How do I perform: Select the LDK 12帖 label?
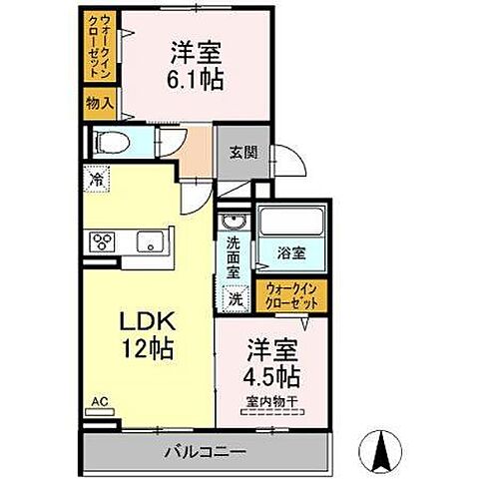tap(148, 337)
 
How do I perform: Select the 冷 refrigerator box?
tap(98, 183)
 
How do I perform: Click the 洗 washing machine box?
tap(236, 296)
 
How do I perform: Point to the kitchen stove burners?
tap(105, 240)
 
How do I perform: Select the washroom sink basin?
tap(234, 221)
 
